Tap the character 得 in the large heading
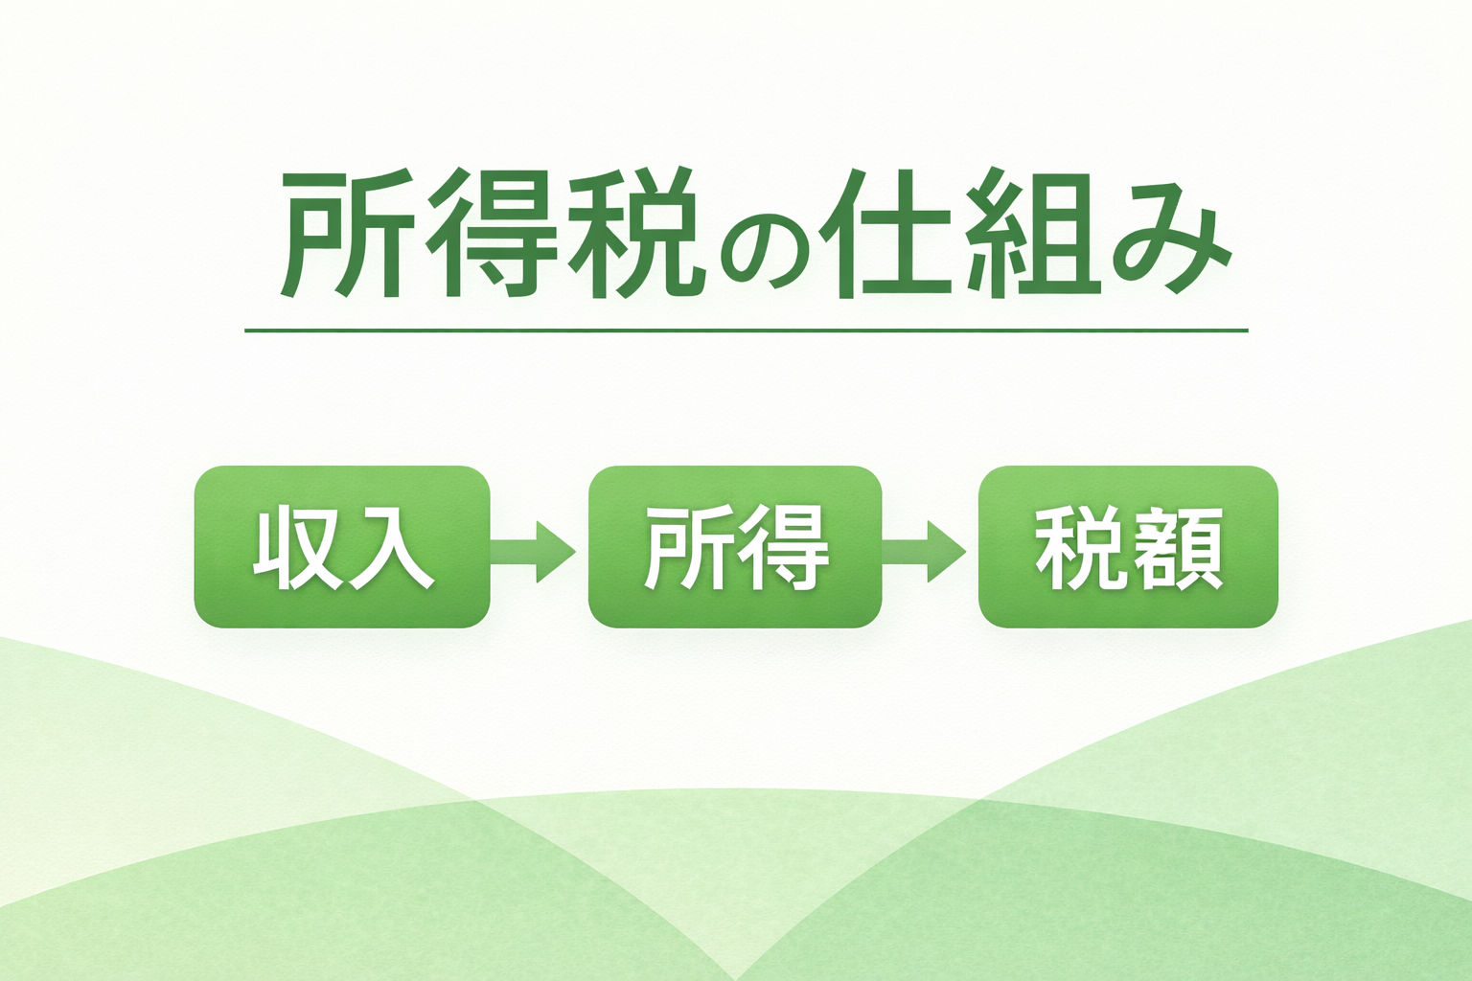492,233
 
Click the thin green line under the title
746,331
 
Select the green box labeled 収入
342,547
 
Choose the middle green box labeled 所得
735,547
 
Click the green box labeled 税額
1128,547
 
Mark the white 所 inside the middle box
686,549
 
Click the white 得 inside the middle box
783,549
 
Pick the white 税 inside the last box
1078,549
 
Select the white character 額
1178,549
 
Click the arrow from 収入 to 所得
533,552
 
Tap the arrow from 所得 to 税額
924,552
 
